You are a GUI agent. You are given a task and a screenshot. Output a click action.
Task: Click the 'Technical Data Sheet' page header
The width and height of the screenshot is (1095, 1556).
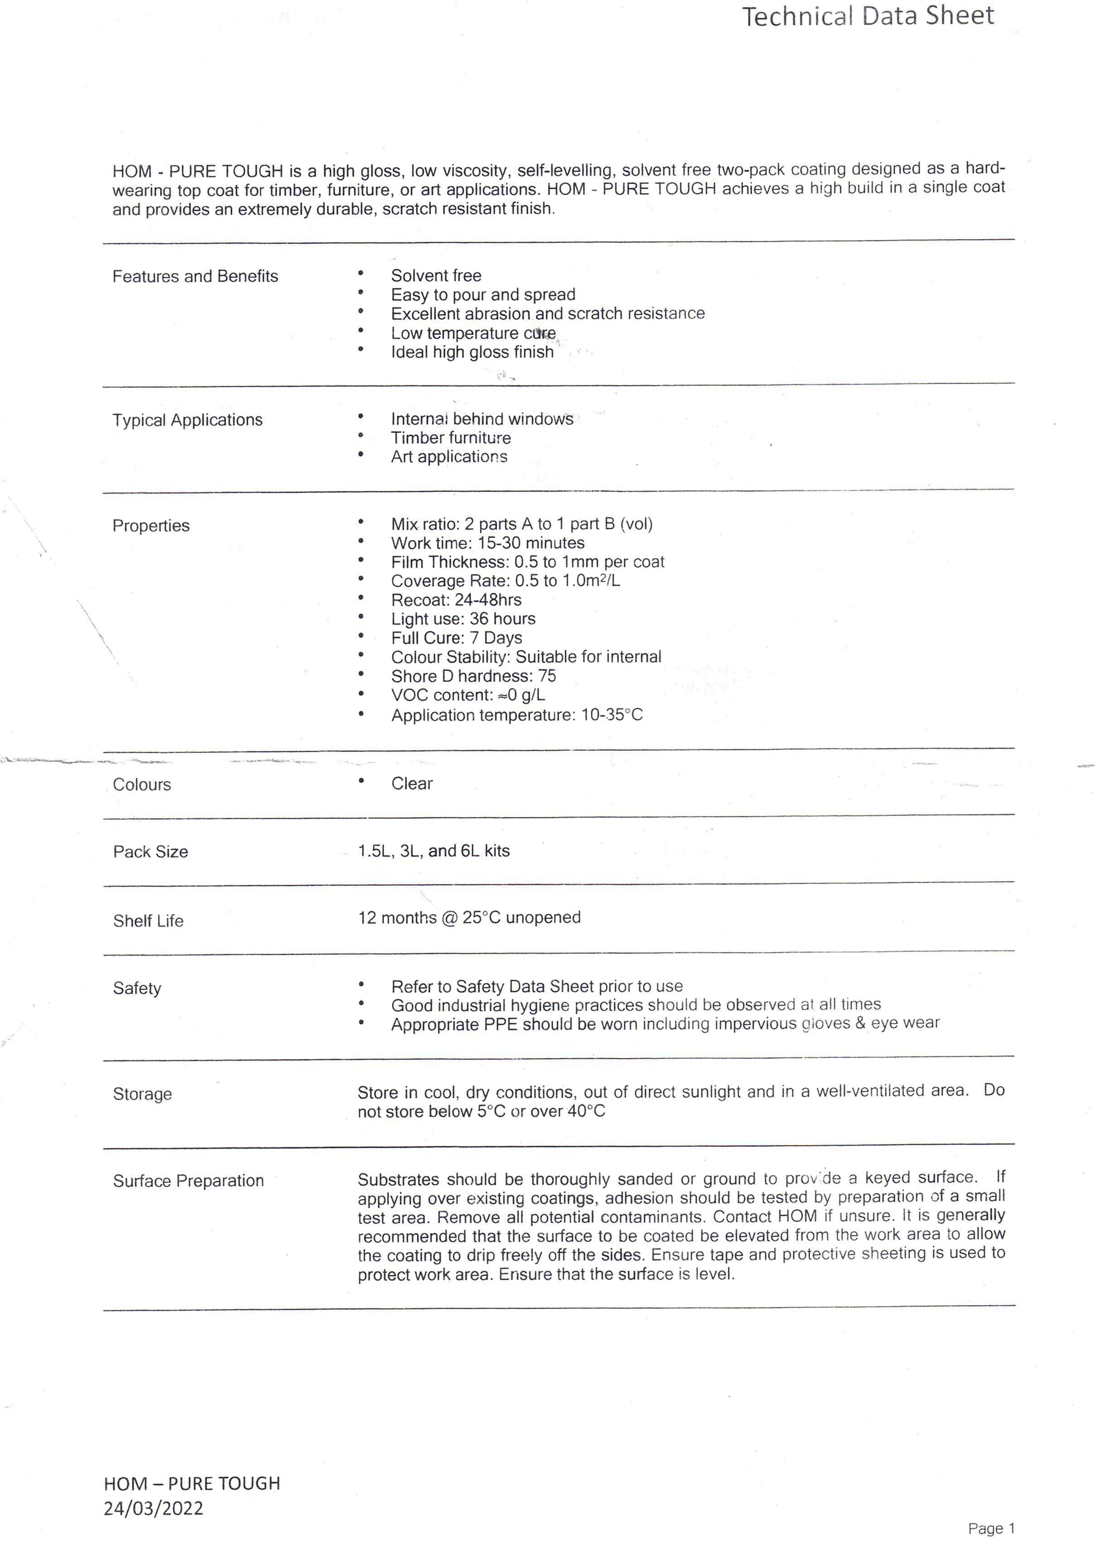pos(868,16)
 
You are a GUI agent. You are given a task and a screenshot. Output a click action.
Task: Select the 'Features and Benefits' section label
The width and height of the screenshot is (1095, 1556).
pos(195,276)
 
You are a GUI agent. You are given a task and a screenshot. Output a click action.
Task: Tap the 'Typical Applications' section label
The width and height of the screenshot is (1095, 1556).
pos(187,420)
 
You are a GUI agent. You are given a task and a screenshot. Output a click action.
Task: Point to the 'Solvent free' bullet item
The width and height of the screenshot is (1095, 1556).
pos(436,276)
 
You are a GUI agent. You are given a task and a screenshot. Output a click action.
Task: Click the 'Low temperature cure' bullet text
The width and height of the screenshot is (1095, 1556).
pos(473,333)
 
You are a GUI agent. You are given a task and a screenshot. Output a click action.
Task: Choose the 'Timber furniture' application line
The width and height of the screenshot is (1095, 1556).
pos(451,438)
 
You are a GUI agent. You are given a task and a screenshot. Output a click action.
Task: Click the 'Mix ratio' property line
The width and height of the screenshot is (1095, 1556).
pos(521,524)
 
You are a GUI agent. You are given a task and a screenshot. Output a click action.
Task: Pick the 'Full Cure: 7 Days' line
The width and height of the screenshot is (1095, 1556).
pos(456,638)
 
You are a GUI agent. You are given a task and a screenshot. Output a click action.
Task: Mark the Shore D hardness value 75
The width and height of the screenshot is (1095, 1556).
pos(547,676)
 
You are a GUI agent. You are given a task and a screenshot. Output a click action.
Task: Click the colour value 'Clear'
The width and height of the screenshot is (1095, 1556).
pos(411,784)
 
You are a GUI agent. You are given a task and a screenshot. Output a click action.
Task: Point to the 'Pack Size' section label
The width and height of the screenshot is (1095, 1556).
pos(150,852)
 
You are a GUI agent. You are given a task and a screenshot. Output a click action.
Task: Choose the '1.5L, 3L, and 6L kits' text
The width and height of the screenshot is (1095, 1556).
pos(434,851)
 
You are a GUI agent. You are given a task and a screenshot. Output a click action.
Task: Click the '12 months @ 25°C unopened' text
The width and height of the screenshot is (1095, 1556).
pos(469,918)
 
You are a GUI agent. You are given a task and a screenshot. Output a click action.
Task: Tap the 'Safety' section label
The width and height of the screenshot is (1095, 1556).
pos(137,988)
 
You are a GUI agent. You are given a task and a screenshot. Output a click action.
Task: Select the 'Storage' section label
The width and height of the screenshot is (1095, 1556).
pos(142,1094)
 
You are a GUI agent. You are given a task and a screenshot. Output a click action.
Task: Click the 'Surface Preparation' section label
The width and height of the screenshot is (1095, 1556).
pos(189,1181)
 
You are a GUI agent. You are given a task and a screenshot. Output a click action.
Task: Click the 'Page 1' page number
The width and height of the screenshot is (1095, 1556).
pos(991,1528)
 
